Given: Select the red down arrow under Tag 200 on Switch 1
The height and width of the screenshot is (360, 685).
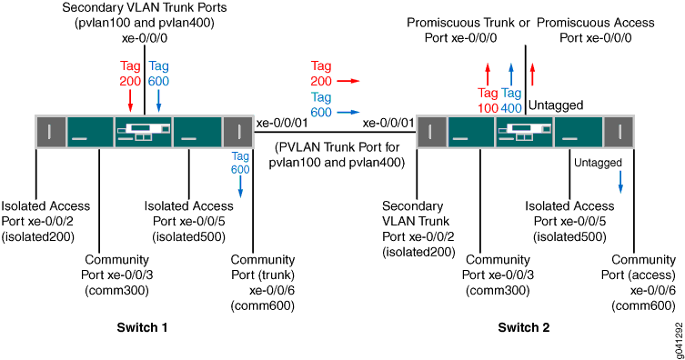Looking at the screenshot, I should coord(130,97).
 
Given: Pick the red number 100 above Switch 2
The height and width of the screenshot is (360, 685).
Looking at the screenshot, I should coord(489,107).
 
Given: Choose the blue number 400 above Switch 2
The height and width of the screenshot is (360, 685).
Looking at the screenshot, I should coord(511,107).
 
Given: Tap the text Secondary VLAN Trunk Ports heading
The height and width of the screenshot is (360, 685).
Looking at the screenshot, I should coord(146,8).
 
